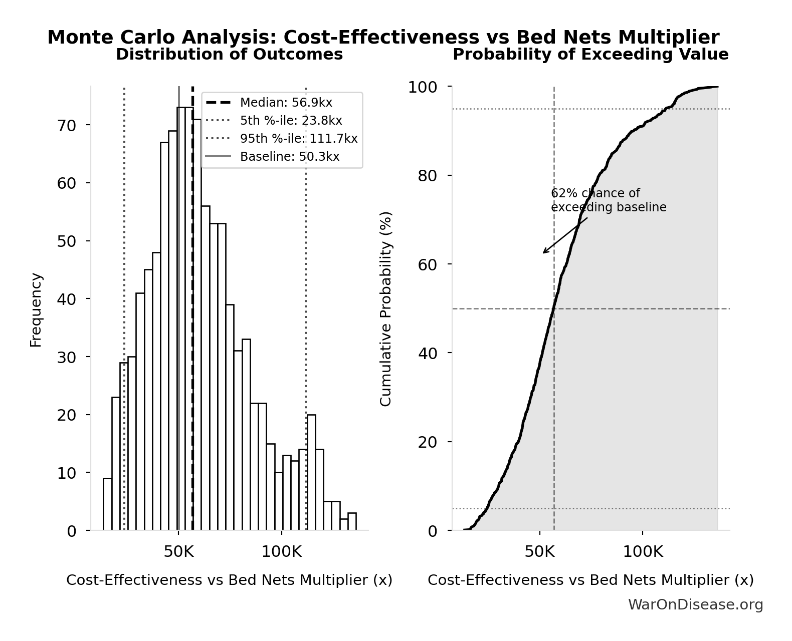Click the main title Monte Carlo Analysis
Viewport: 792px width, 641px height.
[x=383, y=38]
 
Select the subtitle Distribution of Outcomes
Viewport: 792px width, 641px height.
[x=229, y=54]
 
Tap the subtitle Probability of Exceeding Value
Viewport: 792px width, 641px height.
[x=590, y=54]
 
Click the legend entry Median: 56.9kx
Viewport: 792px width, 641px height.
[x=286, y=103]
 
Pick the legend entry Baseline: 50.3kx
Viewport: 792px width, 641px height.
[x=289, y=157]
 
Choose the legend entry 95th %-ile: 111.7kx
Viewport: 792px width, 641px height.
[x=299, y=139]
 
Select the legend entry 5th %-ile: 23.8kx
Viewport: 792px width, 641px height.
[x=291, y=121]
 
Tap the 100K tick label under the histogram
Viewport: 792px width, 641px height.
[x=281, y=552]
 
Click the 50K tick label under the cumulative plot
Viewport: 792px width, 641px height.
[x=539, y=552]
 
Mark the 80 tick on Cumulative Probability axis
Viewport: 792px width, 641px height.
[x=428, y=176]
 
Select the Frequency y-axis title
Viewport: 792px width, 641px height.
[x=36, y=309]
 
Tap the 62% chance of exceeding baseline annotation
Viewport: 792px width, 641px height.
[x=608, y=200]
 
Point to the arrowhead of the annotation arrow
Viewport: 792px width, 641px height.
[x=544, y=252]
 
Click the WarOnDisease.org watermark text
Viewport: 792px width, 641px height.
[x=695, y=605]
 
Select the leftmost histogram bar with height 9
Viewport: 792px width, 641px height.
[x=107, y=504]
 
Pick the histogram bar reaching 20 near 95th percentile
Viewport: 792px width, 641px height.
[x=311, y=472]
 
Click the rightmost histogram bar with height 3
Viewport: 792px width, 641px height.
[x=352, y=522]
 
